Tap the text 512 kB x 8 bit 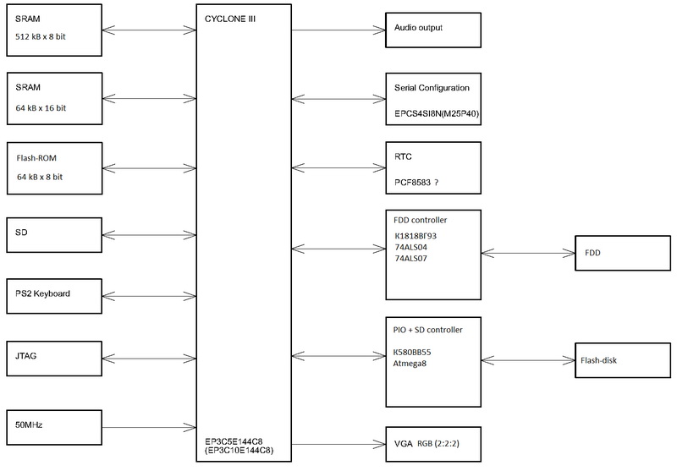point(41,36)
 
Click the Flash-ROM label point(36,157)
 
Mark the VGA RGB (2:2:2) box point(432,442)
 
